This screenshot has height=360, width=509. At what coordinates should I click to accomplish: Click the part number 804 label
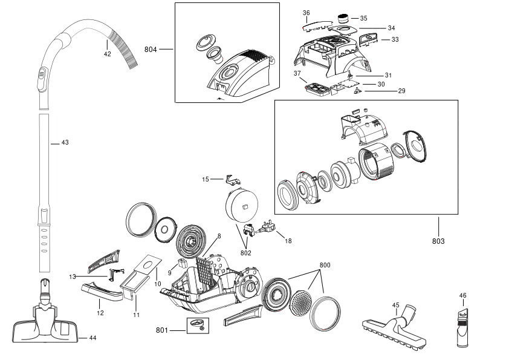151,50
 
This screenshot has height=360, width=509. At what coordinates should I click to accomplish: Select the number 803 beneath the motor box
438,241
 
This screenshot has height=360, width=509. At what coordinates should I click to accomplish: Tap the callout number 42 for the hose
108,54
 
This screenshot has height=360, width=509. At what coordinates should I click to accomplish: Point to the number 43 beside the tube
65,142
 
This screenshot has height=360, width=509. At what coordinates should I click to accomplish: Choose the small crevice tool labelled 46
463,327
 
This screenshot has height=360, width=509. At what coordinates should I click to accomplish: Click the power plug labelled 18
266,229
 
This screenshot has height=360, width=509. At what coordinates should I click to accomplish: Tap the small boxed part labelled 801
198,326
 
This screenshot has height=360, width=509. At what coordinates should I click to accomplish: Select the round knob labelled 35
343,18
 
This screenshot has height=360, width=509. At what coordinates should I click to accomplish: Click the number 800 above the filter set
325,265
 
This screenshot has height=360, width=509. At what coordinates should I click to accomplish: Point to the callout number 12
100,313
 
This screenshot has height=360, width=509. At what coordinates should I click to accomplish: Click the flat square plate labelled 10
148,266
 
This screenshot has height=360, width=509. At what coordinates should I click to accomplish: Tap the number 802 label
246,253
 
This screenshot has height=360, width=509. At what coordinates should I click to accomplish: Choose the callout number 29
402,91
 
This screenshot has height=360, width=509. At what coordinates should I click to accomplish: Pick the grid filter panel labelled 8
205,273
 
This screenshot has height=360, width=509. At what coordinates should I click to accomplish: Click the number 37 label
297,73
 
